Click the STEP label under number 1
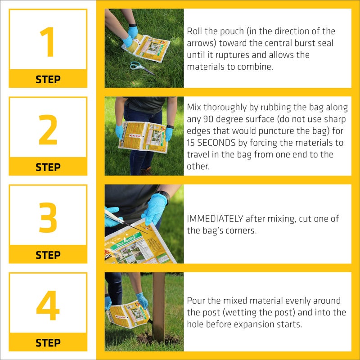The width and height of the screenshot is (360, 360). point(48,80)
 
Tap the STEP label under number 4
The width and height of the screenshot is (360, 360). point(48,343)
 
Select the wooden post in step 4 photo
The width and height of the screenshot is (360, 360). point(158,310)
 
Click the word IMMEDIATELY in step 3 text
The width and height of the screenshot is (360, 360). point(215,219)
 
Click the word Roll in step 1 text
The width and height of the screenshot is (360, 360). point(194,31)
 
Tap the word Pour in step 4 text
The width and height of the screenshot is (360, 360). point(196,301)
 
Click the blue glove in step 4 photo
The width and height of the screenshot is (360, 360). point(142,300)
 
